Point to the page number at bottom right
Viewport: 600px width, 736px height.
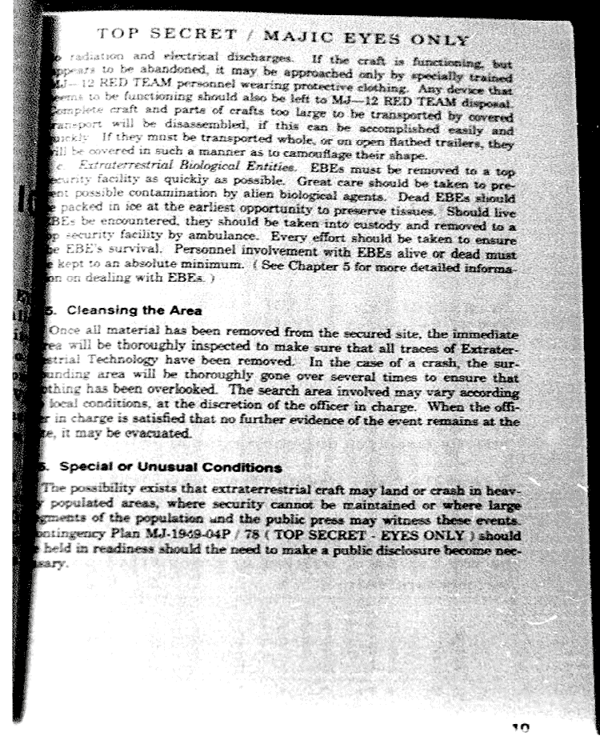[521, 726]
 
